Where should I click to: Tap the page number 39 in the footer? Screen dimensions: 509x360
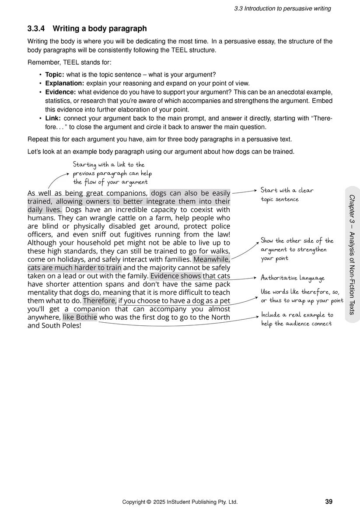[x=329, y=502]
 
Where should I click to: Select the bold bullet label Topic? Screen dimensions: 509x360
[x=55, y=75]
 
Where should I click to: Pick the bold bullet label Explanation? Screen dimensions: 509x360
[x=65, y=83]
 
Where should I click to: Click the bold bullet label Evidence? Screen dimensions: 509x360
[x=60, y=92]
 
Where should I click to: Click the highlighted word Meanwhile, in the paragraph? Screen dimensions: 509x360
[x=212, y=259]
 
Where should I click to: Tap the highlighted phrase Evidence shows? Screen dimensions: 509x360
[x=176, y=276]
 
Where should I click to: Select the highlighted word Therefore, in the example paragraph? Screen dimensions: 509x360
[x=100, y=300]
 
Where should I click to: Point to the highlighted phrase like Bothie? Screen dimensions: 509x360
[x=80, y=317]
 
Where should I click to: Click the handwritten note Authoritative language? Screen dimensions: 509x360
[x=293, y=278]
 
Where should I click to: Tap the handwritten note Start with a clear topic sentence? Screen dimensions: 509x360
[x=287, y=195]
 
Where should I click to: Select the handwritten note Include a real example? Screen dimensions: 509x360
[x=297, y=319]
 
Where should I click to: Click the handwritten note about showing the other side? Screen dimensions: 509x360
[x=297, y=249]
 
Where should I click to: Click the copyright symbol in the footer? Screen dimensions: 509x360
[x=149, y=502]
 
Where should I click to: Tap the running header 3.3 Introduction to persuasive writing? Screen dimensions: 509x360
[x=282, y=9]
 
